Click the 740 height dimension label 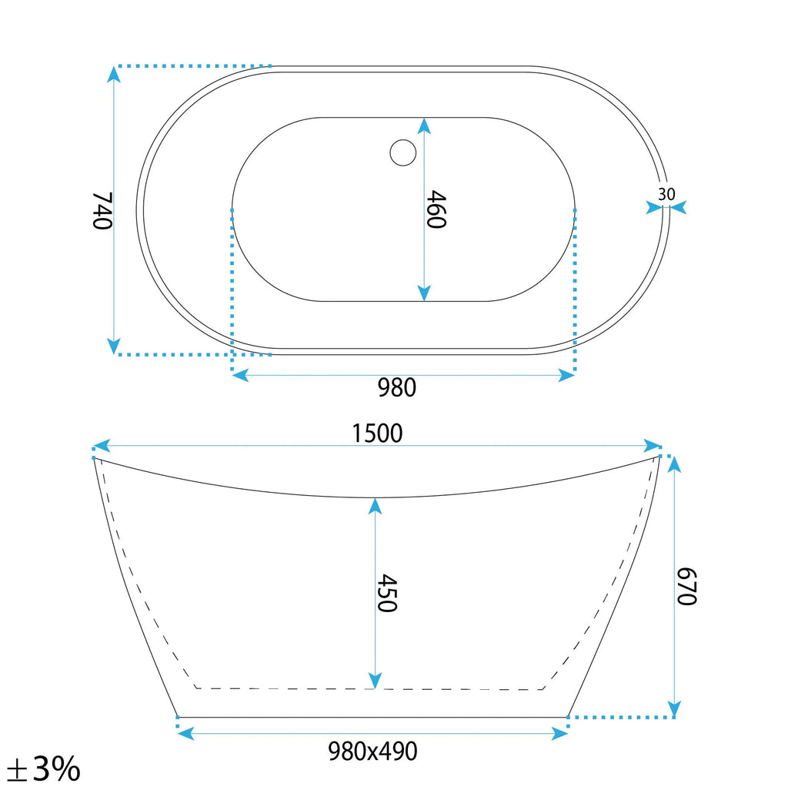click(102, 211)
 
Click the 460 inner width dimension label click(436, 209)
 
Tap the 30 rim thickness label click(666, 194)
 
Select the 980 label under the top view click(397, 387)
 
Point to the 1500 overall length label click(377, 433)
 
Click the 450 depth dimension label click(387, 593)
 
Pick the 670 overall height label click(686, 586)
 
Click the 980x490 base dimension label click(372, 752)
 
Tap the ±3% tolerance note click(44, 769)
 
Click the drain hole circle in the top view click(402, 152)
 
